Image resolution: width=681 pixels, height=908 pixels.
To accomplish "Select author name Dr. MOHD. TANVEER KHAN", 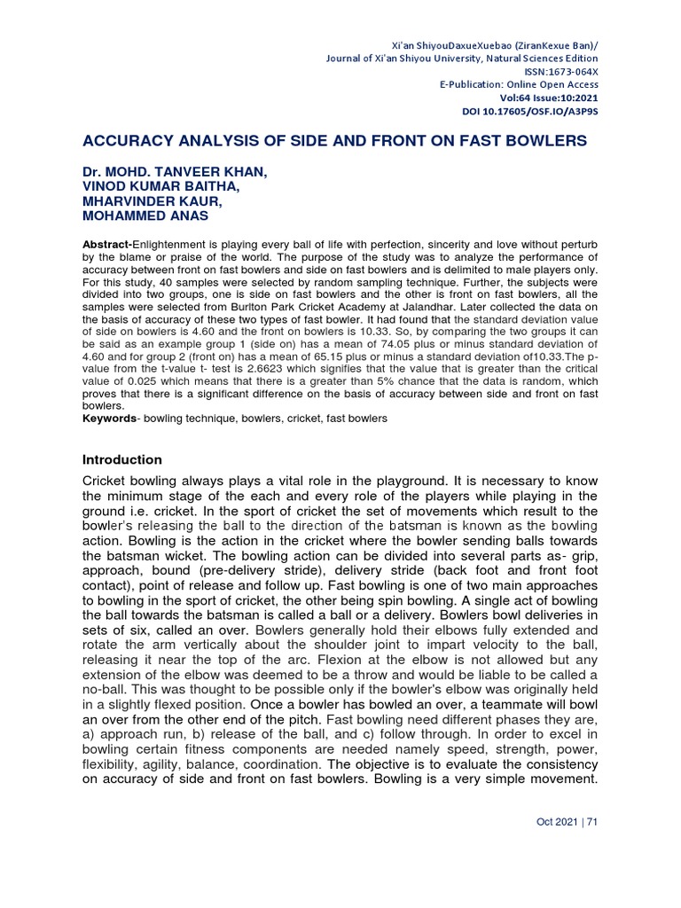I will (174, 170).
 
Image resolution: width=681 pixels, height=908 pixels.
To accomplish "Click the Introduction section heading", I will (121, 459).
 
